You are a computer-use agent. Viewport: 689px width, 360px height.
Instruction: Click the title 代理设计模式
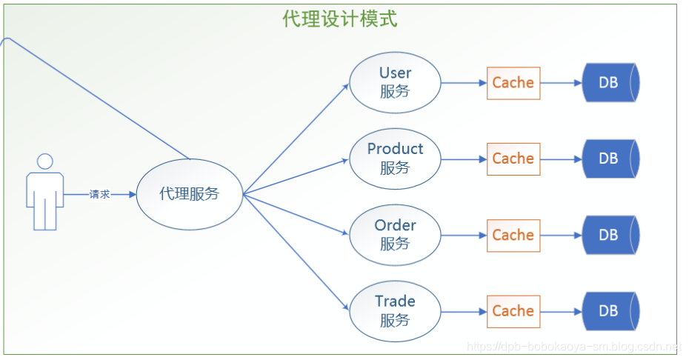click(x=340, y=19)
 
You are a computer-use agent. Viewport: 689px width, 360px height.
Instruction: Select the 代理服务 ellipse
click(x=190, y=194)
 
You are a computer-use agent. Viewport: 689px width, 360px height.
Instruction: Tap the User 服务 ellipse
click(x=395, y=82)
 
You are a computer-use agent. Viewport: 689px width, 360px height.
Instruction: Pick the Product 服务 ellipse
click(x=395, y=159)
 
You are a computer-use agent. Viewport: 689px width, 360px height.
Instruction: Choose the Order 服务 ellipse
click(x=395, y=234)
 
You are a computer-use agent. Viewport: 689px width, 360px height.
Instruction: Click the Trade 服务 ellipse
click(x=395, y=310)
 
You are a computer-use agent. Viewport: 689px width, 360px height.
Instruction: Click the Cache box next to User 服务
click(x=513, y=83)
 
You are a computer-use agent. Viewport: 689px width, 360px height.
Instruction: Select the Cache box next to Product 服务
click(x=513, y=159)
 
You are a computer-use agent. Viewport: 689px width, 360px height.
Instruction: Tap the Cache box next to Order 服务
click(x=513, y=235)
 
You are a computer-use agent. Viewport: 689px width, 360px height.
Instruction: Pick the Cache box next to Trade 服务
click(x=513, y=311)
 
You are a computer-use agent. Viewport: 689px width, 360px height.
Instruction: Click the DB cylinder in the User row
click(x=610, y=83)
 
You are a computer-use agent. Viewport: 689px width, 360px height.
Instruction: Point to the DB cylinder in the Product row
click(x=610, y=159)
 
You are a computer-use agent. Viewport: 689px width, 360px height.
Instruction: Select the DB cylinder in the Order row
click(x=610, y=235)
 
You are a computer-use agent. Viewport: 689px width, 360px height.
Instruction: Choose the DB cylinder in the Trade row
click(x=610, y=311)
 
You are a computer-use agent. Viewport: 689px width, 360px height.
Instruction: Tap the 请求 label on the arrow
click(x=100, y=195)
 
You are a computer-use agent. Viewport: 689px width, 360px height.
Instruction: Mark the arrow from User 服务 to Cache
click(x=464, y=83)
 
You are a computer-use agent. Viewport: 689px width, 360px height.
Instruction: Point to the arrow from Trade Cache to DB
click(x=562, y=311)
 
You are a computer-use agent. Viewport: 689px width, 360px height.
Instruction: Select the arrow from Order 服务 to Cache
click(x=464, y=235)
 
